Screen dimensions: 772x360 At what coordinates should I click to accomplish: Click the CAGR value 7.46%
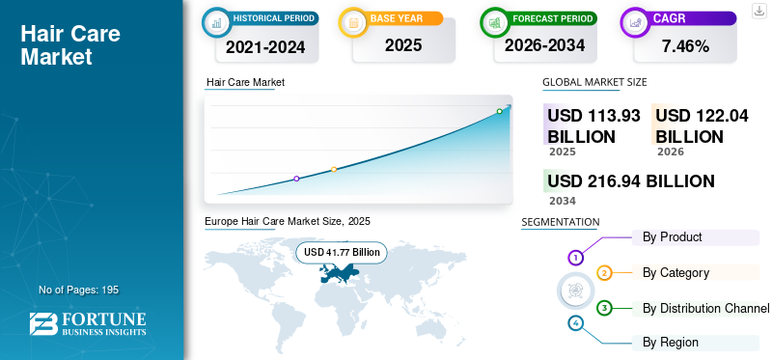pyautogui.click(x=685, y=46)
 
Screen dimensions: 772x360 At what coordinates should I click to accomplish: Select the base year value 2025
pyautogui.click(x=403, y=45)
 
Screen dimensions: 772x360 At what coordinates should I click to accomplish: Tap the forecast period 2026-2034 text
pyautogui.click(x=544, y=45)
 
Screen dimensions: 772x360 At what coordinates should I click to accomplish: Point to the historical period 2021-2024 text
pyautogui.click(x=265, y=46)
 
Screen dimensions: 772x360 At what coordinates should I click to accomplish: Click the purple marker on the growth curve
pyautogui.click(x=296, y=179)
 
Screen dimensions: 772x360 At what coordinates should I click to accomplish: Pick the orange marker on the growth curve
pyautogui.click(x=334, y=170)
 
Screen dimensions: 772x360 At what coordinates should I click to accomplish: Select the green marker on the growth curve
pyautogui.click(x=499, y=111)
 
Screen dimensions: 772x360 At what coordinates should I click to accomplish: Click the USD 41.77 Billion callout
pyautogui.click(x=342, y=253)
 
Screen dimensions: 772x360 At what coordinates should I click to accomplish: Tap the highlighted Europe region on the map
pyautogui.click(x=339, y=272)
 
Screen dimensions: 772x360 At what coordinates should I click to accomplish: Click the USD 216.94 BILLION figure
pyautogui.click(x=631, y=181)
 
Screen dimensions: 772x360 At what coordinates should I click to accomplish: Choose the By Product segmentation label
pyautogui.click(x=672, y=236)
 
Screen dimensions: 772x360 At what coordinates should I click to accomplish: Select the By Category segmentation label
pyautogui.click(x=675, y=272)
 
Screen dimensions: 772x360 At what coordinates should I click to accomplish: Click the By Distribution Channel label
pyautogui.click(x=705, y=308)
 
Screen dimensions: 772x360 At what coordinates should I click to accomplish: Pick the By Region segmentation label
pyautogui.click(x=670, y=343)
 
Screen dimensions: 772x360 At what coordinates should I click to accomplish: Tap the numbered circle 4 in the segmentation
pyautogui.click(x=575, y=323)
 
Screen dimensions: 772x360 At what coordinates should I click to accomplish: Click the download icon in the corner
pyautogui.click(x=759, y=11)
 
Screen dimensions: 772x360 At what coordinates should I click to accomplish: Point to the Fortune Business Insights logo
pyautogui.click(x=88, y=323)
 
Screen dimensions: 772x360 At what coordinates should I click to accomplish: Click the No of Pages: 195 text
pyautogui.click(x=79, y=290)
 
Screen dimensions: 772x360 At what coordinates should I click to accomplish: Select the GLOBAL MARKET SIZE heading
pyautogui.click(x=594, y=82)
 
